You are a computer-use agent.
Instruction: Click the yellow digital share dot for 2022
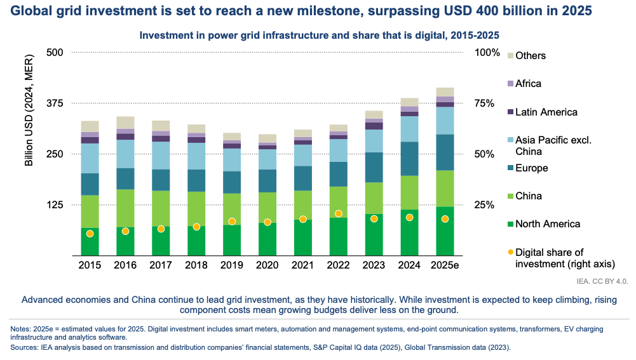pyautogui.click(x=339, y=213)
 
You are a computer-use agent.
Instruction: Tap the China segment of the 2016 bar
pyautogui.click(x=126, y=208)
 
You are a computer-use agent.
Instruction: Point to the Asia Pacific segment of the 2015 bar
pyautogui.click(x=90, y=158)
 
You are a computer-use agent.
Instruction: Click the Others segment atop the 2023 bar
pyautogui.click(x=374, y=114)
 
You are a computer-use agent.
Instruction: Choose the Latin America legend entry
pyautogui.click(x=546, y=112)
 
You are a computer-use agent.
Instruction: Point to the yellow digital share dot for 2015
pyautogui.click(x=90, y=234)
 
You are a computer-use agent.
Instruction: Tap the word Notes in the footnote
pyautogui.click(x=22, y=329)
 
